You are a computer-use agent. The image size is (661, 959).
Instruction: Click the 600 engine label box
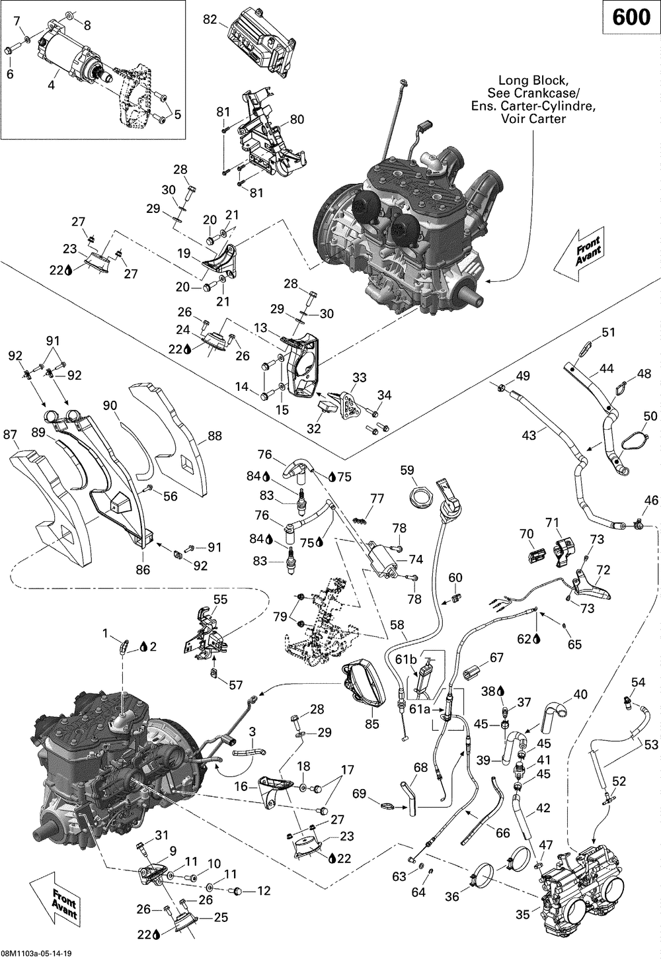coord(631,18)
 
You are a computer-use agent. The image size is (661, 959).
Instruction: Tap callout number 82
coord(210,20)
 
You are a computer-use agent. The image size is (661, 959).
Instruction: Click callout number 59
coord(407,470)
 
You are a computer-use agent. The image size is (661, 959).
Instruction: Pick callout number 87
coord(11,435)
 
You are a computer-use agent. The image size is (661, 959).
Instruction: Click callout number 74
coord(416,559)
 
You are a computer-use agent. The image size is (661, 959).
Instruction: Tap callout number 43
coord(529,435)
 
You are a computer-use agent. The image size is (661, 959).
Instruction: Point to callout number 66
coord(503,833)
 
